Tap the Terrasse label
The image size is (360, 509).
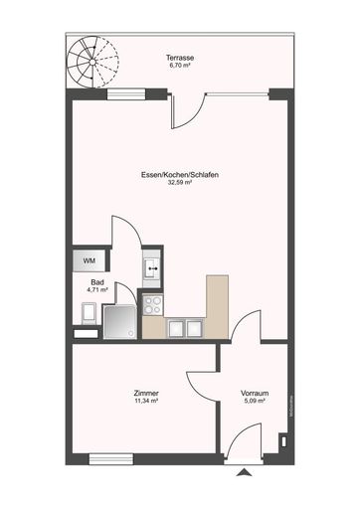180,60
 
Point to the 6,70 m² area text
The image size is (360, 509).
180,68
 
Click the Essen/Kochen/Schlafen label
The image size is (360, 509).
180,175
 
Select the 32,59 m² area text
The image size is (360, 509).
180,184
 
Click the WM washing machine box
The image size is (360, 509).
89,261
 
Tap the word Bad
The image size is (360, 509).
95,282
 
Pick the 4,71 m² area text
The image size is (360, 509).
95,290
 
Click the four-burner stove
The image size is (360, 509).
154,305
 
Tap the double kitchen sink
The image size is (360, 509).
184,326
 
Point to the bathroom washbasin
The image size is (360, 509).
151,266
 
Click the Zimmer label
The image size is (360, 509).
146,395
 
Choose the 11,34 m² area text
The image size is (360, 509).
146,404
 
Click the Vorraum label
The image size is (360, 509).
255,395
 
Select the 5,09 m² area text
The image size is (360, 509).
255,404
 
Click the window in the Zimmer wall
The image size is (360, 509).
110,458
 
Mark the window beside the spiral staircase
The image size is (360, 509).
123,95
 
